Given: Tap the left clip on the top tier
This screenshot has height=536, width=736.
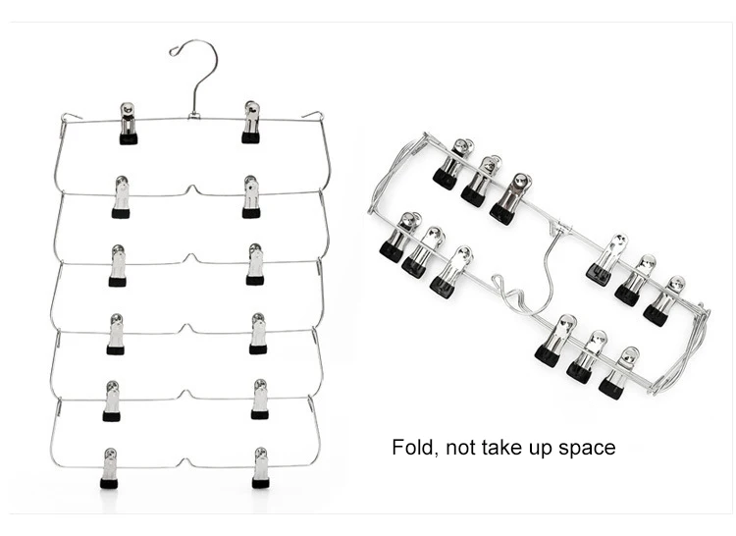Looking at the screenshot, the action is [x=128, y=123].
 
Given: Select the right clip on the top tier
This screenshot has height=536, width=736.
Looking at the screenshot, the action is [x=251, y=122].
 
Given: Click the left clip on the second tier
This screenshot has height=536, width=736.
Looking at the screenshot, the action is [x=121, y=196].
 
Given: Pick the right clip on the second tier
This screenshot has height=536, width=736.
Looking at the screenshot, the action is [x=252, y=196].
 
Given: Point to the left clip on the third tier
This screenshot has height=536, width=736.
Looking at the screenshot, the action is [x=118, y=265].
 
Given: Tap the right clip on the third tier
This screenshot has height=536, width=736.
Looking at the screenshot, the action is [x=255, y=264].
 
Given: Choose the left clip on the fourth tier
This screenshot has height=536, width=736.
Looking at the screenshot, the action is [x=115, y=334].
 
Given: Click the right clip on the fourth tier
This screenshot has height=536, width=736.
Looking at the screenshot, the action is [x=258, y=333].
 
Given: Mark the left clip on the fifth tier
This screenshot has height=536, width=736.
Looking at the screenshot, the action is [x=112, y=401].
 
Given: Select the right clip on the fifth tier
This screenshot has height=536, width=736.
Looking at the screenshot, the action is [x=260, y=400].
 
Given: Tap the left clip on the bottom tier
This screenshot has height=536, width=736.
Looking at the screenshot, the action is [x=109, y=468].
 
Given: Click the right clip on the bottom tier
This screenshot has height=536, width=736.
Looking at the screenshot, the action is [x=260, y=467].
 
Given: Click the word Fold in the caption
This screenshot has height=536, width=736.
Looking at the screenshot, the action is [x=413, y=448].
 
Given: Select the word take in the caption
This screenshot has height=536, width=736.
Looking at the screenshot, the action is [x=506, y=448].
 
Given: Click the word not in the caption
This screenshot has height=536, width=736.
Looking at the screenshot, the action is [x=462, y=449].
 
